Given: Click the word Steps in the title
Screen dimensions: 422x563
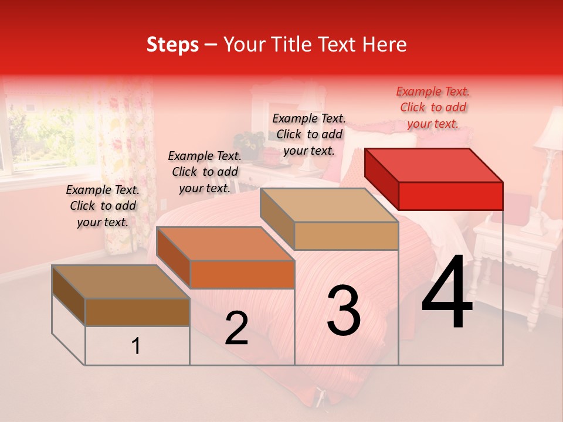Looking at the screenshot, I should tap(172, 45).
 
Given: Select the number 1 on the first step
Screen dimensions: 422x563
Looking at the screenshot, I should tap(136, 346).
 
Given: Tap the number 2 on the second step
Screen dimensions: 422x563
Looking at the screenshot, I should tap(236, 328).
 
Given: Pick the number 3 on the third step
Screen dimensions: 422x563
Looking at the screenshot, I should tap(343, 311).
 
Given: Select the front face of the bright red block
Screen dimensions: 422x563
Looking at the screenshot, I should tap(450, 196).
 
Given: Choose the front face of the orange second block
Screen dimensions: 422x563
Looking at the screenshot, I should tap(242, 274).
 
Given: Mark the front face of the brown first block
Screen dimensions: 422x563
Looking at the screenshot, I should tap(137, 312).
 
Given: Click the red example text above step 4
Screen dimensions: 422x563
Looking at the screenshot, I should tap(433, 107).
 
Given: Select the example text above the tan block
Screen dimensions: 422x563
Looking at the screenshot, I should tap(309, 134).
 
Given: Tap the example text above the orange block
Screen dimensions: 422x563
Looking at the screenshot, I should tap(205, 172).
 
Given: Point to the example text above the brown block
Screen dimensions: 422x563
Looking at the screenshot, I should tap(103, 206).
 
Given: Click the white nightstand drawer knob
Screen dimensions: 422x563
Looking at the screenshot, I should tap(508, 254).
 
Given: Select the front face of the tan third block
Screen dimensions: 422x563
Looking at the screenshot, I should tap(346, 236).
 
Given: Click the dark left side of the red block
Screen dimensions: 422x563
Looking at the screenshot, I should tap(381, 179).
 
